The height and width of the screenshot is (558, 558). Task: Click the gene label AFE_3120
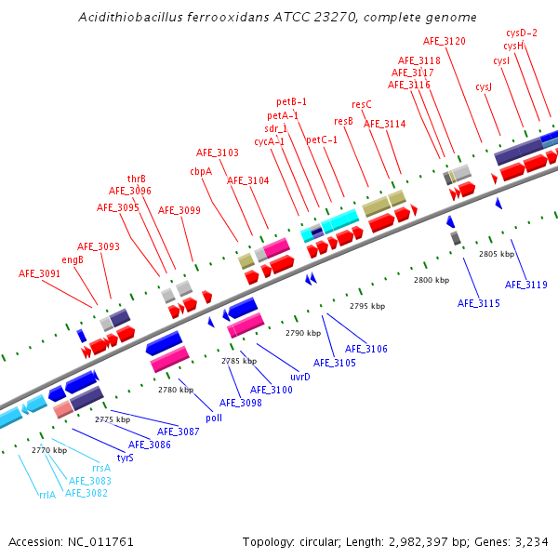coord(445,41)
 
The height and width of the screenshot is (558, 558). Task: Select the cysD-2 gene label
coord(522,33)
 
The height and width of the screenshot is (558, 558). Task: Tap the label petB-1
coord(292,101)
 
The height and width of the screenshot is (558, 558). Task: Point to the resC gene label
coord(362,105)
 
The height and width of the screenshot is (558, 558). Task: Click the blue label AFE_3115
coord(479,303)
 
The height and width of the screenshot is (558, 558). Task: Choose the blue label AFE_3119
coord(526,285)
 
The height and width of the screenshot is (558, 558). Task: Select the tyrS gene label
coord(126,457)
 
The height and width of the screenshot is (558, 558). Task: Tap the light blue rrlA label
coord(47,495)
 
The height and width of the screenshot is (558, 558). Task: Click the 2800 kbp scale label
coord(432,280)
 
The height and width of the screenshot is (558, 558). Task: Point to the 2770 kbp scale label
coord(49,450)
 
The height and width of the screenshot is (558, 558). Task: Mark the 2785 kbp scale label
coord(237,361)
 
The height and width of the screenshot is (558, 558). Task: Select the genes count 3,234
coord(529,541)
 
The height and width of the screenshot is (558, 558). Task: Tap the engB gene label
coord(73,259)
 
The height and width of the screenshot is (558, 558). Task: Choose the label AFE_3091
coord(40,273)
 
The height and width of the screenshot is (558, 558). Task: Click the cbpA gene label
coord(201,171)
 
